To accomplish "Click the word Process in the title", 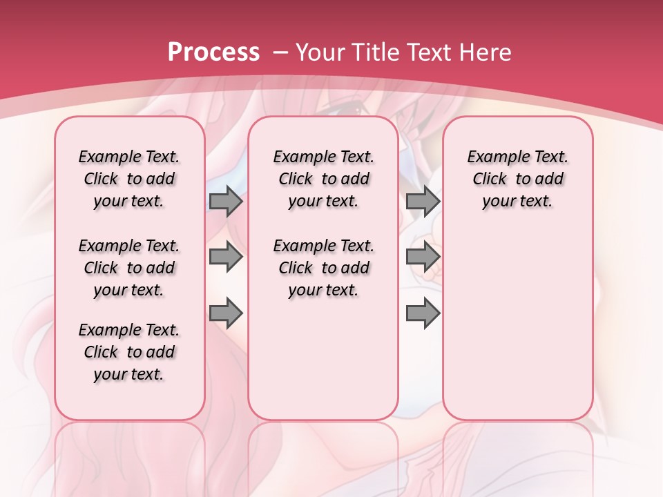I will tap(213, 52).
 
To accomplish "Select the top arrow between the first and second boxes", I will tap(226, 202).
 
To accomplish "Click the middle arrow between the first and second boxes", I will tap(226, 257).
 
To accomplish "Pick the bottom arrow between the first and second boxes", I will tap(226, 313).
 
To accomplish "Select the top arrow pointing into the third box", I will tap(423, 202).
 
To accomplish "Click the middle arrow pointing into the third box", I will tap(423, 257).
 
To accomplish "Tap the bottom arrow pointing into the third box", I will tap(423, 313).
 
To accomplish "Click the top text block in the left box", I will tap(129, 179).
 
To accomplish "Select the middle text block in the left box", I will tap(129, 268).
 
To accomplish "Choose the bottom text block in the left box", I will tap(129, 352).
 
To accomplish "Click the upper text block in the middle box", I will tap(323, 179).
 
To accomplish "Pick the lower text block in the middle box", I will tap(323, 268).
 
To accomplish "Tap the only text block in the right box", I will tap(517, 179).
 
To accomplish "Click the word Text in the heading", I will tap(430, 52).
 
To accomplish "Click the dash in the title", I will tap(280, 52).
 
